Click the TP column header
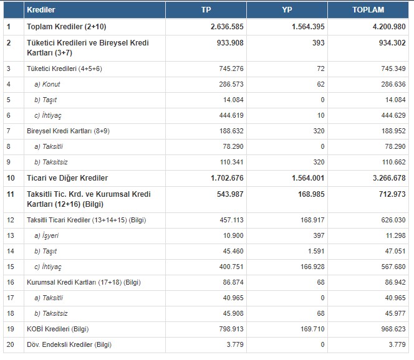click(x=206, y=11)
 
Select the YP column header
click(x=287, y=11)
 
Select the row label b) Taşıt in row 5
click(x=46, y=100)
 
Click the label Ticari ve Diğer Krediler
click(x=67, y=178)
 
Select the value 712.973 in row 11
click(x=388, y=194)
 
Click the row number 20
click(x=9, y=344)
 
